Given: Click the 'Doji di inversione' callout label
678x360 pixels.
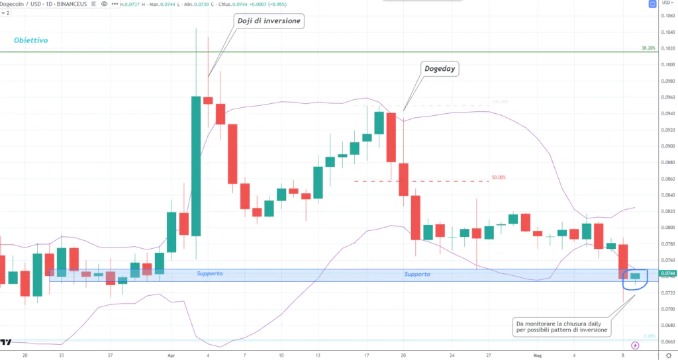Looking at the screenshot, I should [269, 21].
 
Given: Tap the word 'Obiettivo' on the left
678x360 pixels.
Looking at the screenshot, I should [30, 40].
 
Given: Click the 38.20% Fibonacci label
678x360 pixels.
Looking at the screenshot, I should [648, 48].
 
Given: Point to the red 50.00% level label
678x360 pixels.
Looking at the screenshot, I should [499, 177].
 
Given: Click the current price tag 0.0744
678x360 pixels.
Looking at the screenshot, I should [667, 273].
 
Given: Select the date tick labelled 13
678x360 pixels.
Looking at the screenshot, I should [318, 355].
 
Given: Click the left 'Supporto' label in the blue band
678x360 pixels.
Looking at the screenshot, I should [210, 273].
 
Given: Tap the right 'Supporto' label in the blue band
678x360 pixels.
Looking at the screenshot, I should [417, 274].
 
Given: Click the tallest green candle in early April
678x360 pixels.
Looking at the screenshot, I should [196, 165].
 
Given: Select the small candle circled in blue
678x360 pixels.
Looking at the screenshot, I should [636, 276].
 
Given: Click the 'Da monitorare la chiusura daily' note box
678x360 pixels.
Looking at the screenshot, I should [563, 326].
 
